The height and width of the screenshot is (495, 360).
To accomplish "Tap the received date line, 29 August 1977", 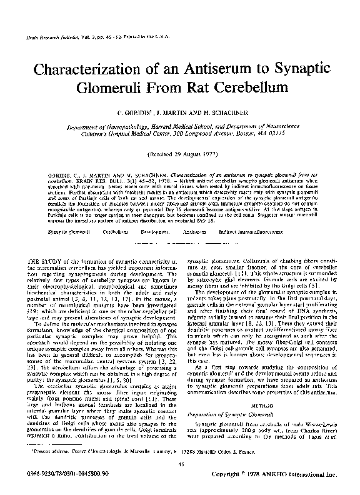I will pos(180,152).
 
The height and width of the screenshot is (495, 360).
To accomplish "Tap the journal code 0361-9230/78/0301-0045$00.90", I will pos(57,476).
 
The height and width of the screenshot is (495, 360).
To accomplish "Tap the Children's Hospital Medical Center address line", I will pos(181,133).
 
